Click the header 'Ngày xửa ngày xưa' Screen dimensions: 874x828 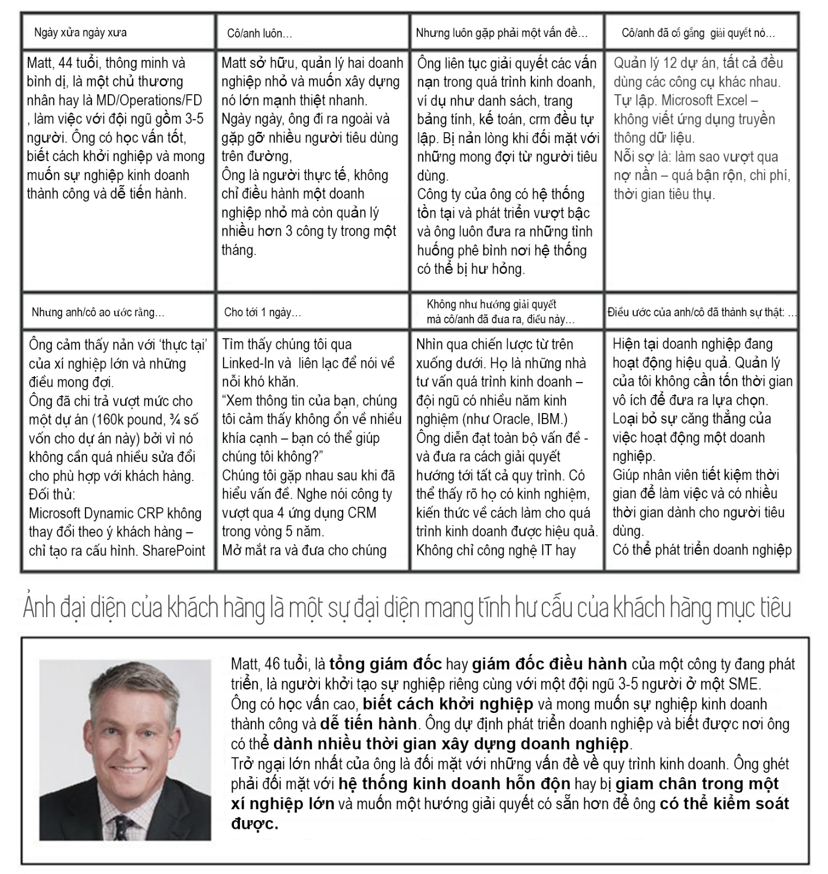pyautogui.click(x=80, y=33)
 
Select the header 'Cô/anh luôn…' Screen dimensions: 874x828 pyautogui.click(x=259, y=34)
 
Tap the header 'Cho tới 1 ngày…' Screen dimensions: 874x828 pyautogui.click(x=262, y=312)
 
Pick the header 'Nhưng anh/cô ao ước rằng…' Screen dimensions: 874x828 pyautogui.click(x=98, y=312)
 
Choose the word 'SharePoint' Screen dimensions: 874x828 pyautogui.click(x=174, y=551)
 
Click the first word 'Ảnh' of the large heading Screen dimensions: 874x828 pyautogui.click(x=39, y=608)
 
